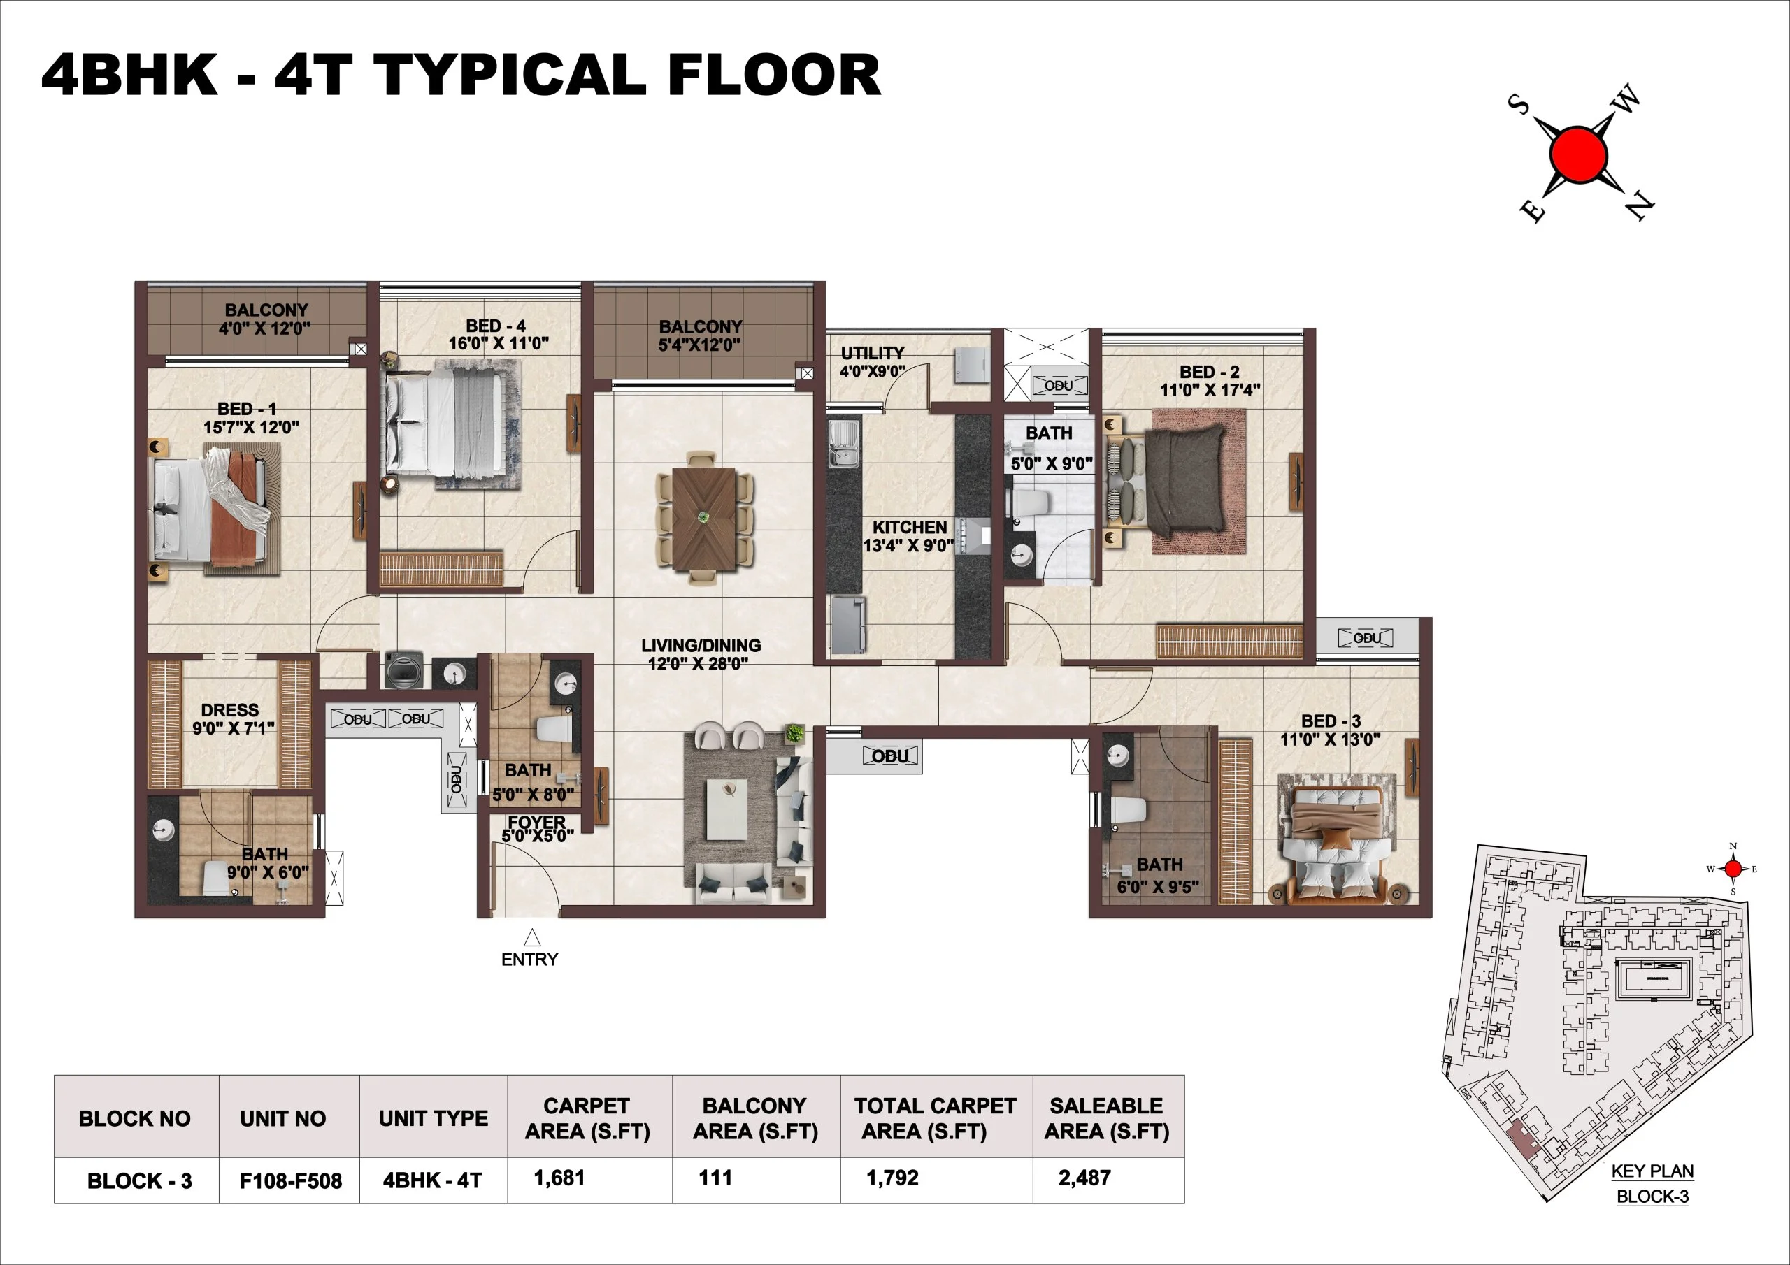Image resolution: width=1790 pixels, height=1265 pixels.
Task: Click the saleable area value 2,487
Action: coord(1084,1178)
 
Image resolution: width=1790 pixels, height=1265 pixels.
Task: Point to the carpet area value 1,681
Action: coord(559,1178)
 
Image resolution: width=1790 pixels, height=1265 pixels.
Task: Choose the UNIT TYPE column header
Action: coord(433,1118)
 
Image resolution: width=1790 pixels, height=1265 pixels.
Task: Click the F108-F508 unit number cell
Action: coord(290,1181)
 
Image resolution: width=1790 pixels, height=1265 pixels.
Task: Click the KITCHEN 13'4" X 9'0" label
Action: coord(908,536)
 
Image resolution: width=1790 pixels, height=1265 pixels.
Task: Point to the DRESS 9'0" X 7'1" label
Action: coord(232,718)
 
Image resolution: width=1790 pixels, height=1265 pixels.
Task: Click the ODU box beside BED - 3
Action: coord(1367,638)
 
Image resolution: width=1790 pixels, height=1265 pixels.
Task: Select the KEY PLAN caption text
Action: coord(1652,1171)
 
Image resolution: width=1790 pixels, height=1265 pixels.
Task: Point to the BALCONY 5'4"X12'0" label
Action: coord(699,336)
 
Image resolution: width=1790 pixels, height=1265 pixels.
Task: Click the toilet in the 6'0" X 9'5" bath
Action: coord(1127,811)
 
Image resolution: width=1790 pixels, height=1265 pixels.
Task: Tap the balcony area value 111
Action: coord(715,1178)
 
